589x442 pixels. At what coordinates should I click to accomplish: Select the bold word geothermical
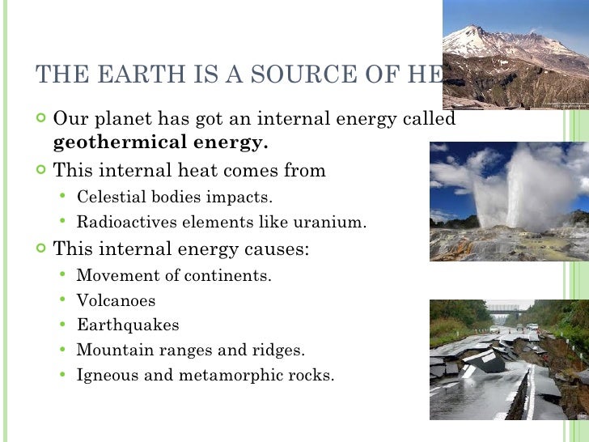[123, 144]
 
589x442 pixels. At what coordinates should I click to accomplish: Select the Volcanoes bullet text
[116, 300]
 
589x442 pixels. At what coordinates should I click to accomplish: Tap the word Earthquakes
[128, 325]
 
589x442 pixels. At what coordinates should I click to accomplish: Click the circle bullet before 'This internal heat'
[41, 171]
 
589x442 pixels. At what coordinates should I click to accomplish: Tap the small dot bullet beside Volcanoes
[63, 300]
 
